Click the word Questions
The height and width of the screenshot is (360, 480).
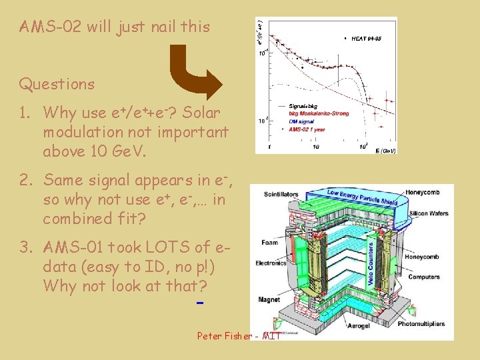pos(57,84)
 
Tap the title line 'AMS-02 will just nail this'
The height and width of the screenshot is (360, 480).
pos(114,27)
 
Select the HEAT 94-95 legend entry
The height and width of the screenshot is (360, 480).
pos(363,39)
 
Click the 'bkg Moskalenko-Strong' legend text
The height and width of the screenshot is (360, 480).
pos(319,113)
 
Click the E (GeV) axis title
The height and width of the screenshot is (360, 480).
pos(385,151)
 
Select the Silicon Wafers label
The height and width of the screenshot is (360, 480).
pos(427,213)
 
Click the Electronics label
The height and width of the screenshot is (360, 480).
pos(271,263)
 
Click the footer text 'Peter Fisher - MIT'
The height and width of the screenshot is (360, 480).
pos(239,335)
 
